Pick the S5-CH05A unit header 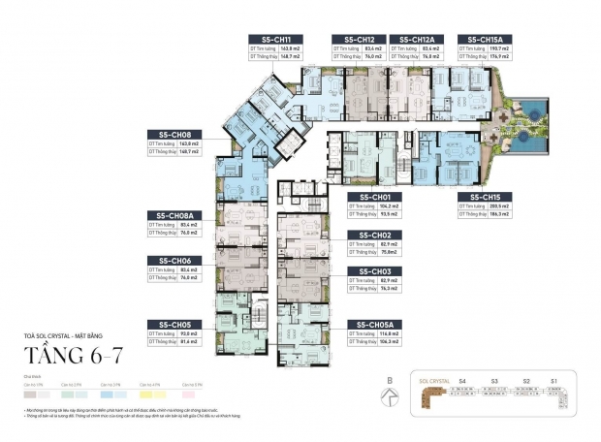point(375,324)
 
